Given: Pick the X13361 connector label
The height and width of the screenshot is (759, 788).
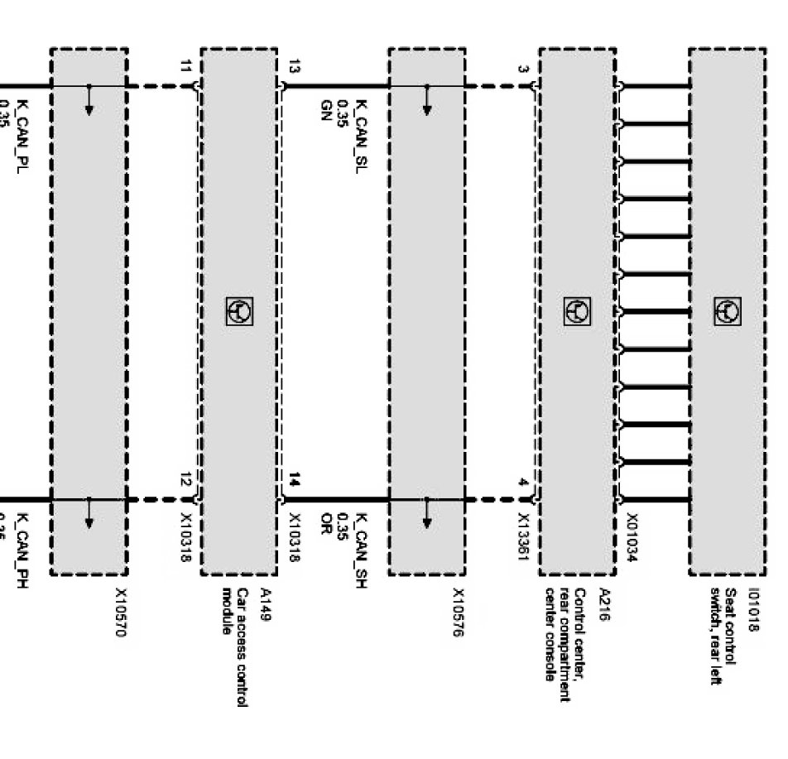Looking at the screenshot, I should click(x=523, y=538).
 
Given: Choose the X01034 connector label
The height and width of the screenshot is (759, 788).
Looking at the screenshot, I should click(x=632, y=538).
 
